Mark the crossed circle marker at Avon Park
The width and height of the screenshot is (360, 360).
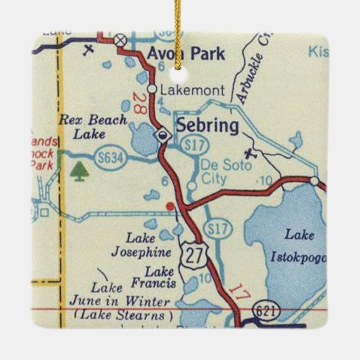pos(121,40)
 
